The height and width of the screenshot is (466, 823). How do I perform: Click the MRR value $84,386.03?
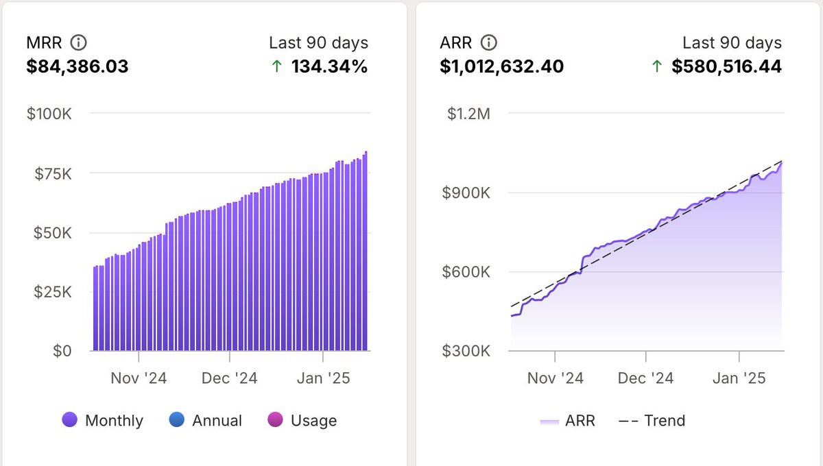coord(77,66)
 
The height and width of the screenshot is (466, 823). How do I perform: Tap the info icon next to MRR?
coord(79,43)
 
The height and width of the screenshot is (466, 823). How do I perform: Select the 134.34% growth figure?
coord(329,66)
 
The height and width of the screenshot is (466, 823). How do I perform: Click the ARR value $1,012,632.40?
coord(502,66)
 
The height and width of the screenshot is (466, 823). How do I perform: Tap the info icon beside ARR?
coord(488,43)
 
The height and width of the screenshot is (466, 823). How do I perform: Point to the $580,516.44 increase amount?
coord(726,66)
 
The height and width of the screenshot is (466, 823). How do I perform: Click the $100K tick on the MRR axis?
coord(49,114)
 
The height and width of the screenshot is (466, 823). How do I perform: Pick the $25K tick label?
coord(52,292)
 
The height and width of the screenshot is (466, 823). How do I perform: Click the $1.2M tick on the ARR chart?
coord(469,114)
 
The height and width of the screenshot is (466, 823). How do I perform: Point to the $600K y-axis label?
coord(466,272)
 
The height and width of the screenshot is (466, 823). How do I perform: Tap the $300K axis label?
coord(466,351)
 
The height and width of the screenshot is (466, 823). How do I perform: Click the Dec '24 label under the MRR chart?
coord(230,378)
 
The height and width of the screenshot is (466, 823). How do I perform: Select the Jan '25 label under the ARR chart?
coord(739,378)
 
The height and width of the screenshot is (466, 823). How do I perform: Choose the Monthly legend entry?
coord(103,420)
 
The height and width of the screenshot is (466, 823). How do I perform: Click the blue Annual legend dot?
coord(177,419)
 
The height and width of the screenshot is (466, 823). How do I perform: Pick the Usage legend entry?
coord(302,420)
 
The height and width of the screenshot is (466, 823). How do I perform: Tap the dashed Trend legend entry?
coord(652,420)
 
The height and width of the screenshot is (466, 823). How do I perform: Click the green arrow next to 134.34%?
coord(277,67)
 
